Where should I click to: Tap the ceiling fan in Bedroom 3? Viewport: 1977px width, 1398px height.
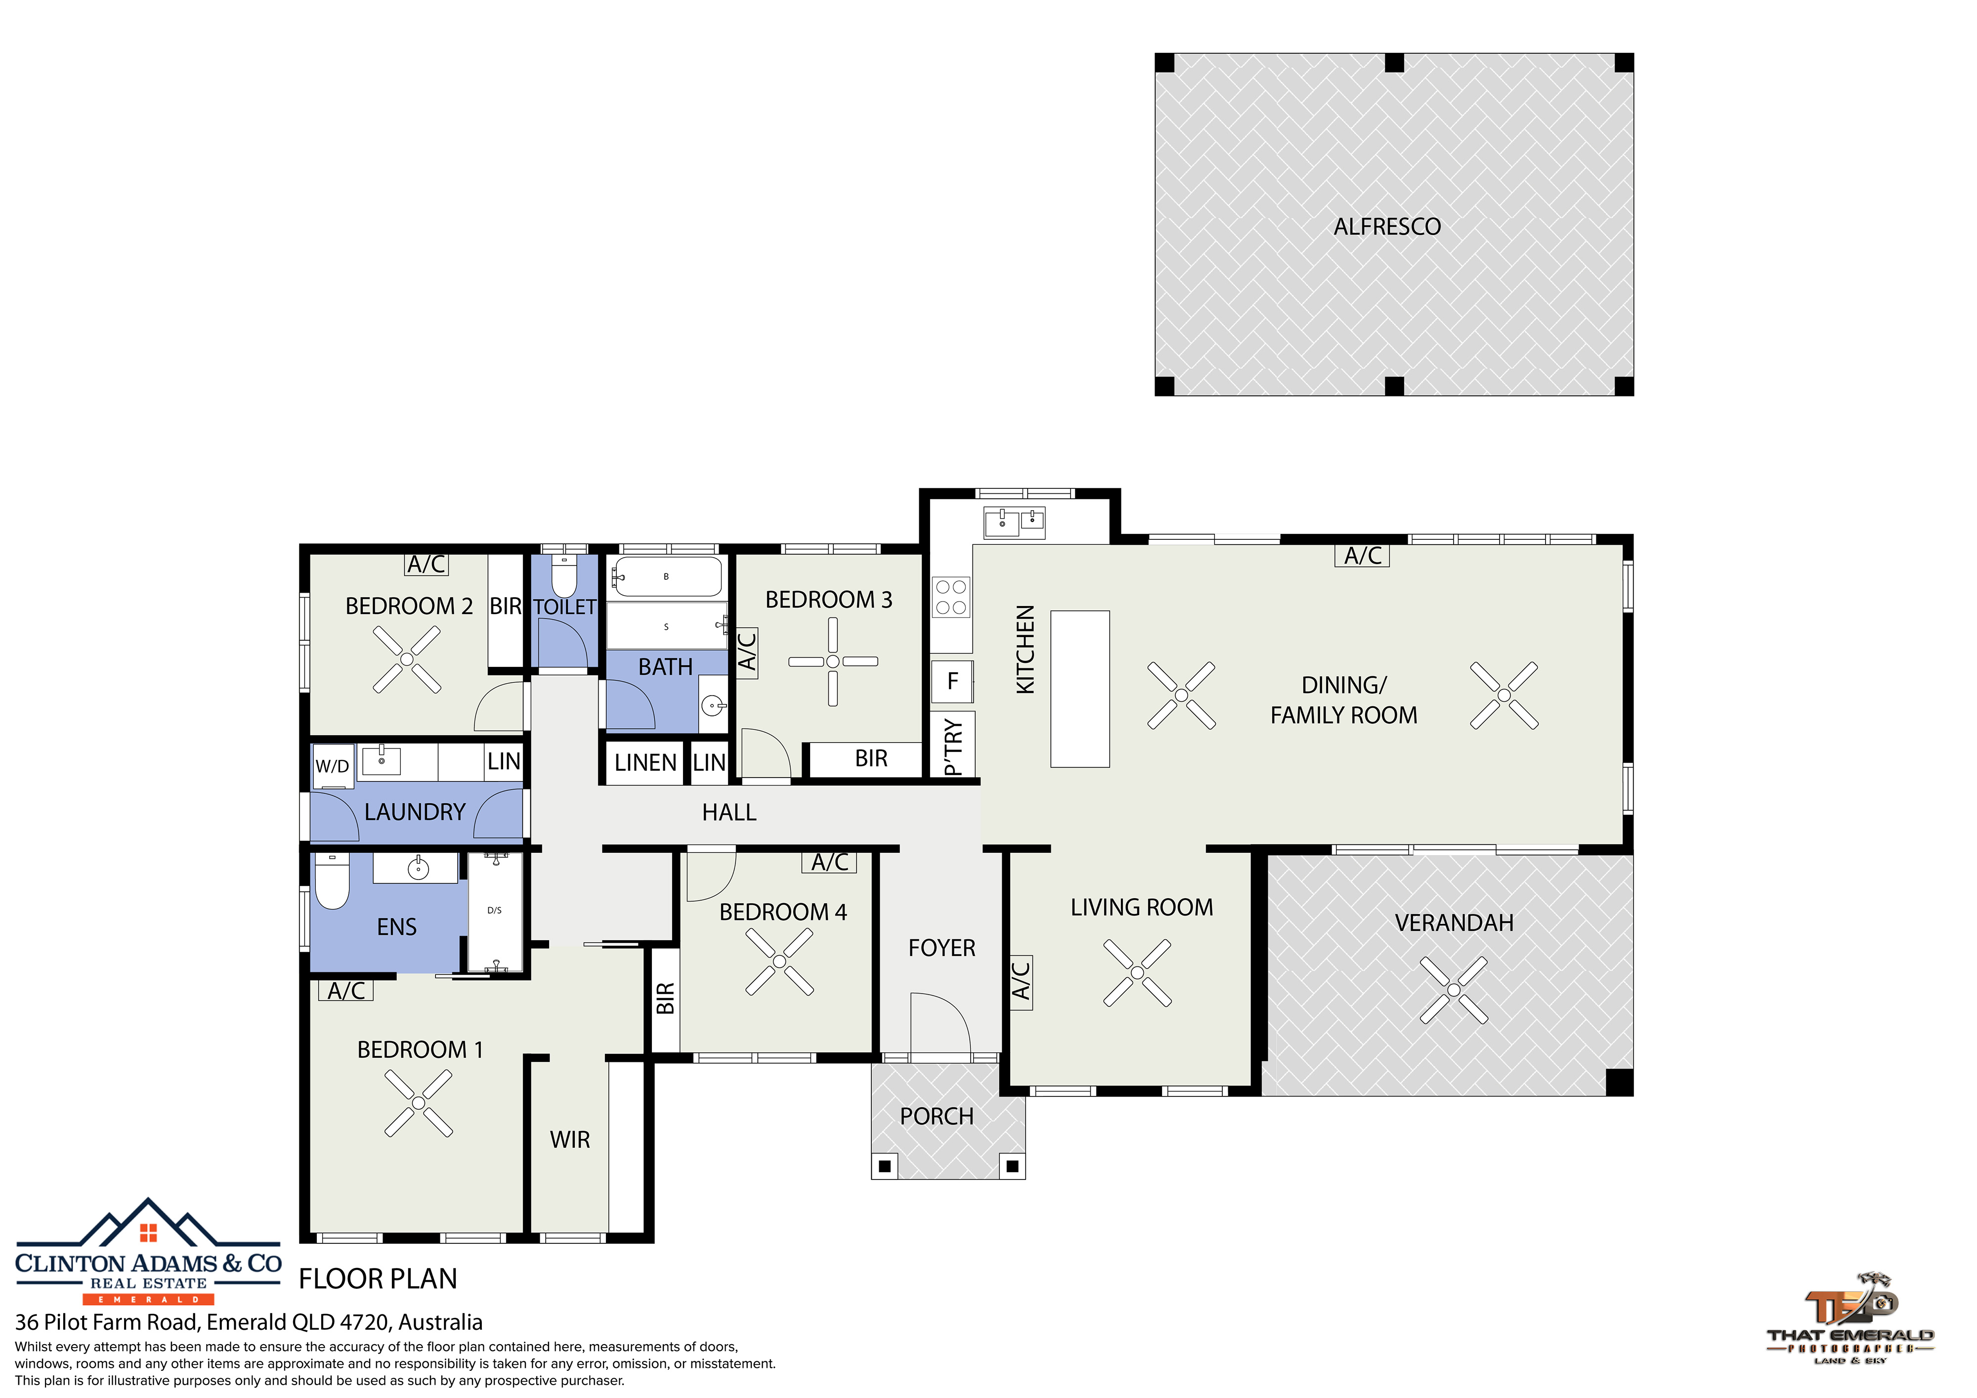coord(833,661)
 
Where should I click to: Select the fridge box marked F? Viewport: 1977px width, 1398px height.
coord(952,681)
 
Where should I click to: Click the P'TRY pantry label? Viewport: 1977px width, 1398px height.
coord(952,747)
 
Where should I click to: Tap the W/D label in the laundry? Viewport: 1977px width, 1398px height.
coord(332,766)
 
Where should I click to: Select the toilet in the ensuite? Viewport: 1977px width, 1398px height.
coord(332,881)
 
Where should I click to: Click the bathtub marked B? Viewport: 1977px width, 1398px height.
coord(666,577)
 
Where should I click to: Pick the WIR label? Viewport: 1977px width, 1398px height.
coord(570,1139)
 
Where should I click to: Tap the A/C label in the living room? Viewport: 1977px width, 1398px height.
coord(1020,981)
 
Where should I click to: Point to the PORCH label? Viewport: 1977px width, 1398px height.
coord(937,1116)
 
